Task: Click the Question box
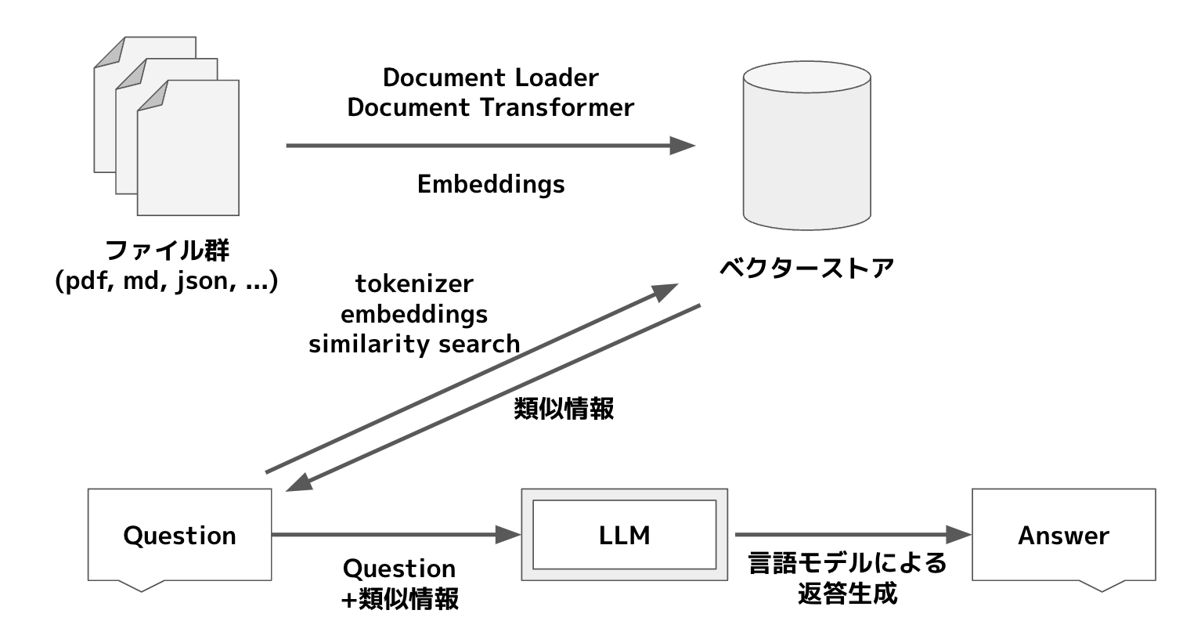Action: click(x=179, y=535)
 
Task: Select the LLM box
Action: click(x=624, y=535)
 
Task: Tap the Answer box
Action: click(x=1063, y=535)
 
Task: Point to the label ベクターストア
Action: click(x=806, y=268)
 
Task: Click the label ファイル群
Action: click(x=167, y=251)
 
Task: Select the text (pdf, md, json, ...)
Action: click(x=167, y=281)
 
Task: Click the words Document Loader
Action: click(x=490, y=78)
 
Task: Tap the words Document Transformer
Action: click(x=490, y=107)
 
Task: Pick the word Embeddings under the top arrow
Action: click(x=490, y=184)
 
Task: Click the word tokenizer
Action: click(x=414, y=283)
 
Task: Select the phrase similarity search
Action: click(x=414, y=344)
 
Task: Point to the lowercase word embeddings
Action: click(x=414, y=314)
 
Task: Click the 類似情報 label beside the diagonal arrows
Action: click(x=564, y=409)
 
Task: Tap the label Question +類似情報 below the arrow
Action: click(x=399, y=583)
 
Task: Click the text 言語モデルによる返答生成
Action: click(x=847, y=578)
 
